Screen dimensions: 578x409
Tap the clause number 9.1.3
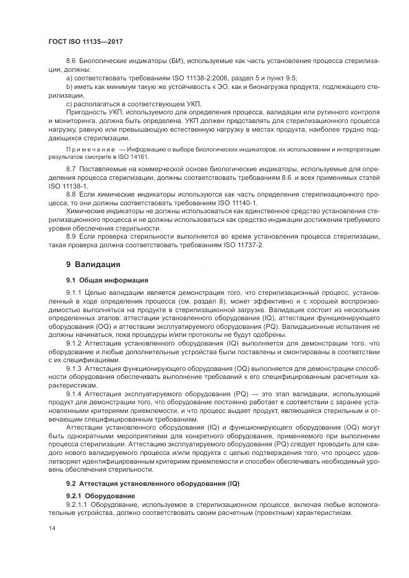(x=74, y=368)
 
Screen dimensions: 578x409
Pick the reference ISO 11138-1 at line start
(x=70, y=185)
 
